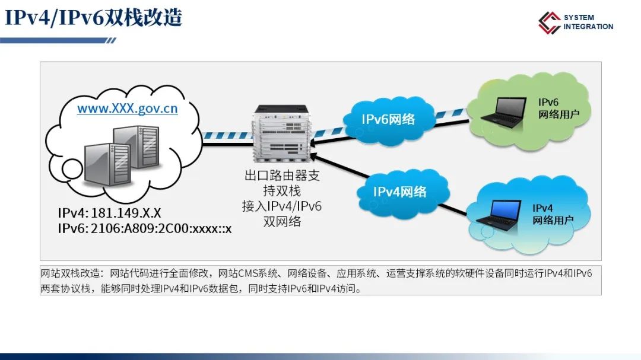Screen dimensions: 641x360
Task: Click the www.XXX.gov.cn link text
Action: [x=128, y=109]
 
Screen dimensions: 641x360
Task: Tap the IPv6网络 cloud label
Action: [x=388, y=119]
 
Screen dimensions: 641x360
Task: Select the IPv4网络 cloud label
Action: [x=400, y=192]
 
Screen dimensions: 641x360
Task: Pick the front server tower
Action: [x=107, y=164]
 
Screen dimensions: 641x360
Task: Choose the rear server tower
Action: [x=136, y=146]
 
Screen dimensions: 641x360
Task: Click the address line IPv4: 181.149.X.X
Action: [x=109, y=213]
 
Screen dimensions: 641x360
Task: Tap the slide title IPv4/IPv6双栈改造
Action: [x=93, y=18]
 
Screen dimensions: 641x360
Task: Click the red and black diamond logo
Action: [x=549, y=23]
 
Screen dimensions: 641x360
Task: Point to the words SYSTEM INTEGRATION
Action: [x=588, y=22]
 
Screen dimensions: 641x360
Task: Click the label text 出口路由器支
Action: [x=282, y=176]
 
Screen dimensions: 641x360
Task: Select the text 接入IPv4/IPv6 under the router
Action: [x=282, y=206]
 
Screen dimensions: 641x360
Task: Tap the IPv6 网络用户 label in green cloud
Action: [x=559, y=109]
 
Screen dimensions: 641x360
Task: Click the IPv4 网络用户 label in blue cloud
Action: [x=553, y=214]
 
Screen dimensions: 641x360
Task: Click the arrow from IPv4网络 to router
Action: [x=339, y=166]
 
